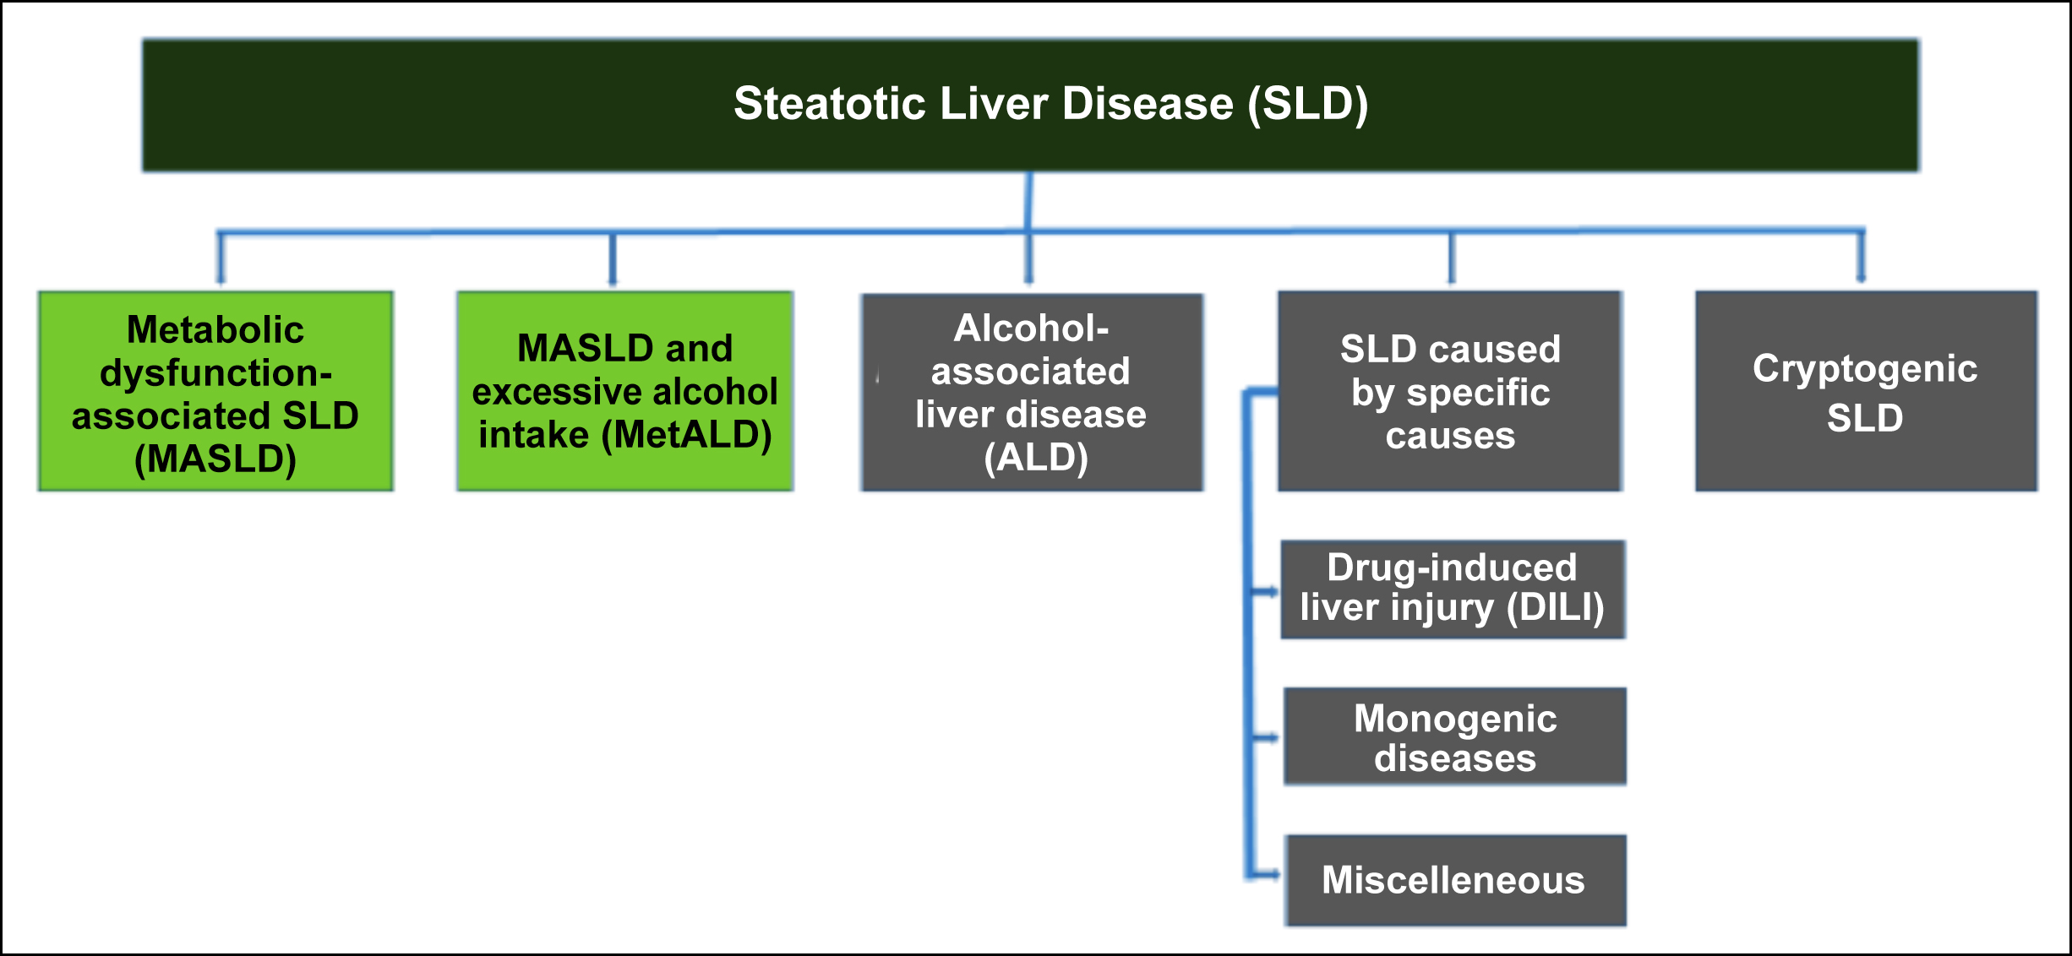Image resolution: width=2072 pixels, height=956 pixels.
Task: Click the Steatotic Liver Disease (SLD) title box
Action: [1030, 106]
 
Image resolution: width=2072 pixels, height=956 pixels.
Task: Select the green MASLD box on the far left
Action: [215, 391]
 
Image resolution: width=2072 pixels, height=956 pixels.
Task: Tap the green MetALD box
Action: [624, 391]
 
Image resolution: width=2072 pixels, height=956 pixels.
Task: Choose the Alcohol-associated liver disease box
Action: [1032, 392]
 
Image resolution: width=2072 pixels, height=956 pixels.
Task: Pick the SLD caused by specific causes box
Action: [1450, 391]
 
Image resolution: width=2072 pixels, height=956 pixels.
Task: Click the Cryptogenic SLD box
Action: [1866, 391]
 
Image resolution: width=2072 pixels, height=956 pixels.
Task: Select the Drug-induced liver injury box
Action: [1453, 589]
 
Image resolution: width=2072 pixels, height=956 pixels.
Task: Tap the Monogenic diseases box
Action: [1455, 736]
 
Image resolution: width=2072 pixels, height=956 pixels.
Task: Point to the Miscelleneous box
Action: [1456, 880]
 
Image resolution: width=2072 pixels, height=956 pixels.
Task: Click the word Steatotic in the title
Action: [830, 104]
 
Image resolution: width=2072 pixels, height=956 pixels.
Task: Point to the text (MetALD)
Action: [686, 436]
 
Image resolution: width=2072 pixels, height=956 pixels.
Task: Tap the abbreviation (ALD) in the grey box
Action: [1036, 459]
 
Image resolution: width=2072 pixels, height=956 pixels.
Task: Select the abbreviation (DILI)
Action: [1556, 608]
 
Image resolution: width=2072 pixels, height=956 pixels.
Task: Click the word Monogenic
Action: [1455, 720]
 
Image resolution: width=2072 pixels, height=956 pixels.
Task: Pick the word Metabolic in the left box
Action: [215, 329]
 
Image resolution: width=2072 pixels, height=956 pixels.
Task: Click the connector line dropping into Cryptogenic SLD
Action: [1861, 256]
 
